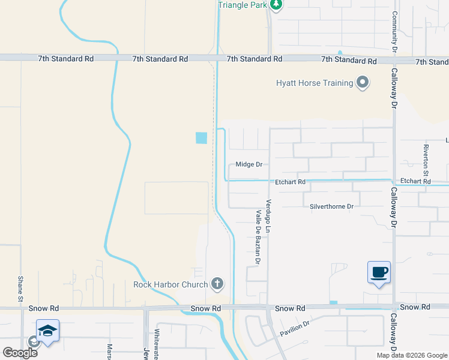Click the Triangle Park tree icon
pyautogui.click(x=276, y=5)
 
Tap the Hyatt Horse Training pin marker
pyautogui.click(x=363, y=83)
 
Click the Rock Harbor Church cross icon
pyautogui.click(x=217, y=284)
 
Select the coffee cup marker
pyautogui.click(x=379, y=272)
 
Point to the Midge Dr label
pyautogui.click(x=249, y=164)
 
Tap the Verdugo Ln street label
pyautogui.click(x=269, y=216)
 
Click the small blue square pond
pyautogui.click(x=201, y=138)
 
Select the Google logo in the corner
pyautogui.click(x=20, y=352)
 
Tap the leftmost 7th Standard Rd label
pyautogui.click(x=66, y=59)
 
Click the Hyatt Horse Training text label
pyautogui.click(x=314, y=83)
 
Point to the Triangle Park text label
pyautogui.click(x=241, y=5)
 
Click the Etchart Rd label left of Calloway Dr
pyautogui.click(x=291, y=181)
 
